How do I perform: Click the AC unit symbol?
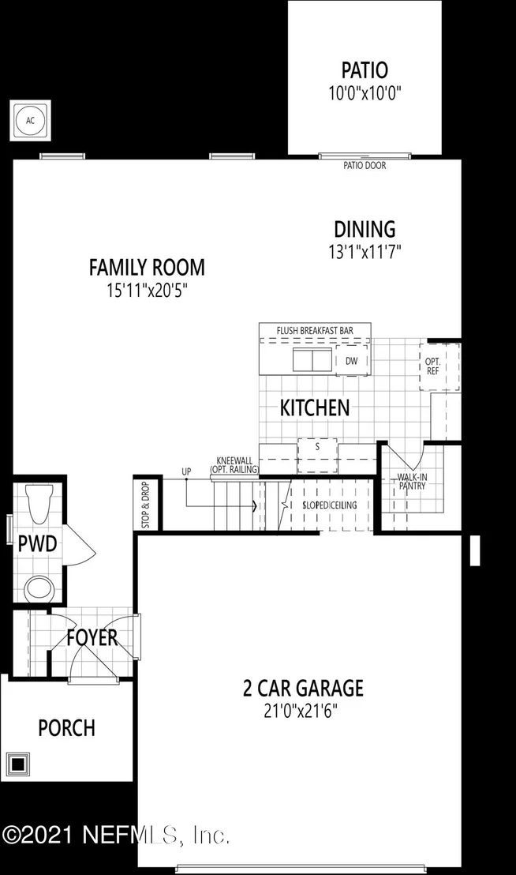pyautogui.click(x=30, y=121)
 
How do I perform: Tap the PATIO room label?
pyautogui.click(x=365, y=70)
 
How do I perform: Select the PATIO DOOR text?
pyautogui.click(x=365, y=165)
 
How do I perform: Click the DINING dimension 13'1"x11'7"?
pyautogui.click(x=365, y=252)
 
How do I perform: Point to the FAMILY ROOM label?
pyautogui.click(x=147, y=267)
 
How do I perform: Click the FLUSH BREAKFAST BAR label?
pyautogui.click(x=315, y=330)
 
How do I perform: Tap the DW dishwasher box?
pyautogui.click(x=352, y=360)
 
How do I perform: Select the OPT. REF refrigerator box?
pyautogui.click(x=439, y=366)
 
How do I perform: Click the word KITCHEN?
pyautogui.click(x=315, y=408)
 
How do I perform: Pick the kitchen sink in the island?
pyautogui.click(x=312, y=359)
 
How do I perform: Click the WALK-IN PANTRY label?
pyautogui.click(x=413, y=482)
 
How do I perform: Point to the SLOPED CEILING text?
pyautogui.click(x=330, y=505)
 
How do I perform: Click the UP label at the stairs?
pyautogui.click(x=187, y=471)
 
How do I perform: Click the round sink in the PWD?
pyautogui.click(x=39, y=588)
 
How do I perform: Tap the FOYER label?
pyautogui.click(x=92, y=637)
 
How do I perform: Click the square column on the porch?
pyautogui.click(x=18, y=763)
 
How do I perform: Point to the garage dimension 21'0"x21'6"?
pyautogui.click(x=301, y=712)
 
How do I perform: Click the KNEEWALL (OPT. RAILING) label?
pyautogui.click(x=234, y=465)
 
